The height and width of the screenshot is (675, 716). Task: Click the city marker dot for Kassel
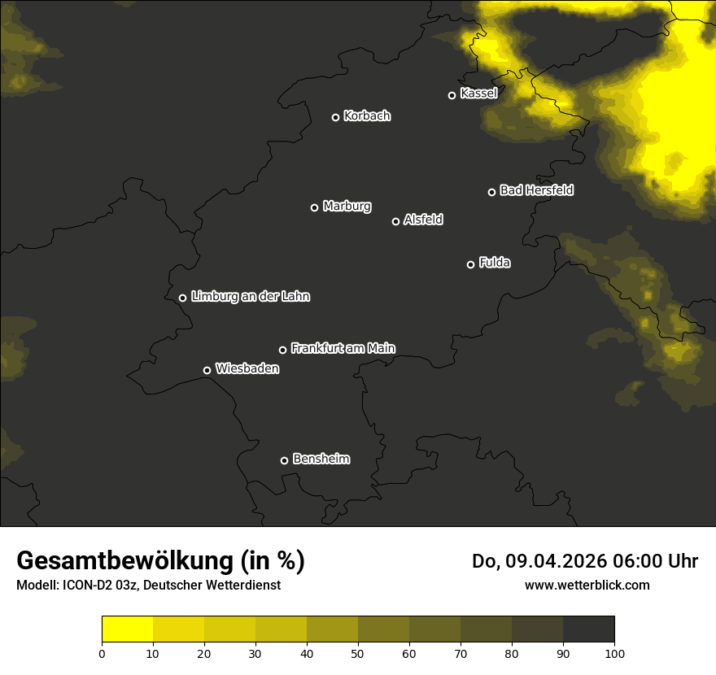click(x=452, y=95)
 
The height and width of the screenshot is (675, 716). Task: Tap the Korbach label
click(x=367, y=116)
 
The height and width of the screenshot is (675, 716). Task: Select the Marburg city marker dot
click(x=314, y=207)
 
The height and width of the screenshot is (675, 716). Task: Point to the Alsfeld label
click(x=423, y=220)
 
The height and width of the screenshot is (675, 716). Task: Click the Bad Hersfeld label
click(x=536, y=190)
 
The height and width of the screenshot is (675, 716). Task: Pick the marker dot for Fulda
click(x=470, y=264)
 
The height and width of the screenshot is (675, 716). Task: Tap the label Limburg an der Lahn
click(x=250, y=297)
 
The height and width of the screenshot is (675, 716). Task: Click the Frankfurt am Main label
click(x=343, y=348)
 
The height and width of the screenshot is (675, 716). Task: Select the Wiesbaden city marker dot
click(x=207, y=370)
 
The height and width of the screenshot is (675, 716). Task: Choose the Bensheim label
click(x=321, y=459)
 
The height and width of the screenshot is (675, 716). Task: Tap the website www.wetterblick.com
click(x=587, y=585)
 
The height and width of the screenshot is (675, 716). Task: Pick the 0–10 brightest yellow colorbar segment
click(x=127, y=629)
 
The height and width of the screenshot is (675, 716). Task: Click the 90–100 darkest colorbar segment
click(x=588, y=629)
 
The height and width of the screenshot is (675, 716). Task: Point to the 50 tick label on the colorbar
click(x=358, y=653)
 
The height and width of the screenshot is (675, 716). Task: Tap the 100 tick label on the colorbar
click(x=614, y=653)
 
